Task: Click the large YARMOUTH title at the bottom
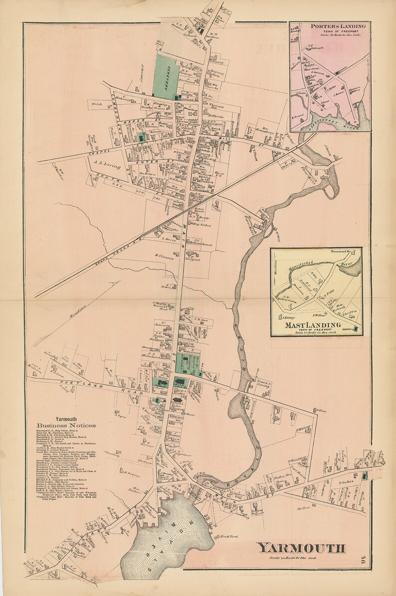click(301, 548)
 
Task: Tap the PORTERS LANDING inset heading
click(338, 26)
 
